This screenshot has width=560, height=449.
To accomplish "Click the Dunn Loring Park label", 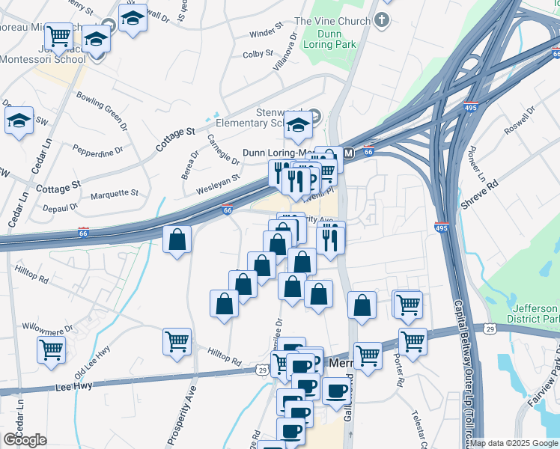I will [329, 38].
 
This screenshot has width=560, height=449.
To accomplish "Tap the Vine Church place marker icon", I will [383, 19].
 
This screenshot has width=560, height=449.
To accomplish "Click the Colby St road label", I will [258, 54].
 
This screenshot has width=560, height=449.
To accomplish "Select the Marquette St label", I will [115, 193].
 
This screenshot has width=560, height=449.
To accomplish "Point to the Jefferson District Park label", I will [535, 315].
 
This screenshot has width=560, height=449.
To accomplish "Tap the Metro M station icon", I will [348, 153].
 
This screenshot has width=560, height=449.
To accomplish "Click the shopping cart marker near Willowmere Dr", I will [51, 348].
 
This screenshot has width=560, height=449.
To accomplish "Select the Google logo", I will [25, 440].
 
